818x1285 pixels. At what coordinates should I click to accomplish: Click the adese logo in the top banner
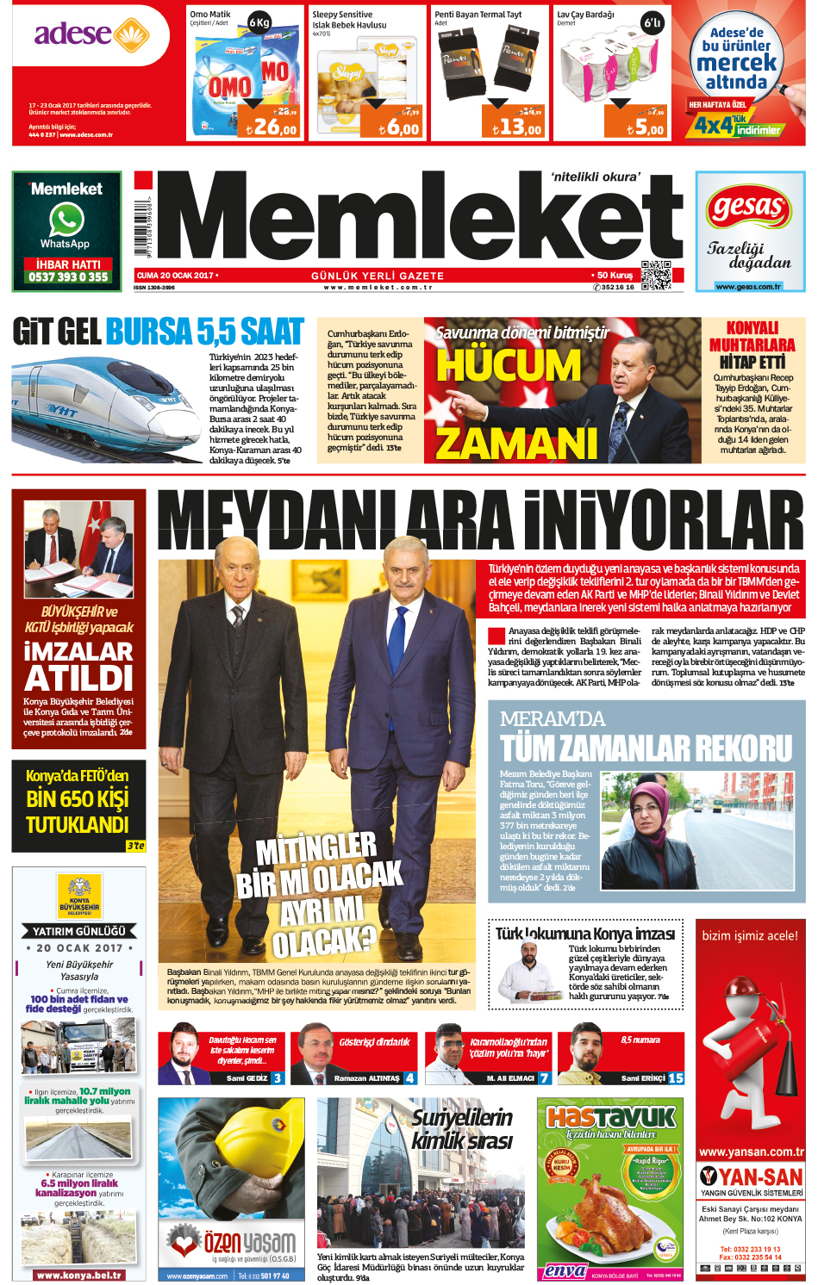[86, 34]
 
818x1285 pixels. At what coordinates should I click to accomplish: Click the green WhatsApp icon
[66, 220]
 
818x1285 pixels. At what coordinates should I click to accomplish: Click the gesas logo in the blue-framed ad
[748, 208]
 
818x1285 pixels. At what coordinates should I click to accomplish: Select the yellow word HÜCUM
[509, 365]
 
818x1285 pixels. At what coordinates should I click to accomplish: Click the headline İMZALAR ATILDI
[78, 665]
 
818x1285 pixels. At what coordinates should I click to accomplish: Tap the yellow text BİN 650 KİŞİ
[78, 798]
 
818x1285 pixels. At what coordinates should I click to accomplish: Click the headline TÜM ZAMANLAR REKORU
[646, 748]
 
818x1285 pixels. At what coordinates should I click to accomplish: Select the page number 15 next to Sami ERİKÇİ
[676, 1077]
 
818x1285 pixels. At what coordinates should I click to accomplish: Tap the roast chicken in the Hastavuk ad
[603, 1206]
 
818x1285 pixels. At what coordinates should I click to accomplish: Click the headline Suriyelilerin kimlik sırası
[462, 1129]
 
